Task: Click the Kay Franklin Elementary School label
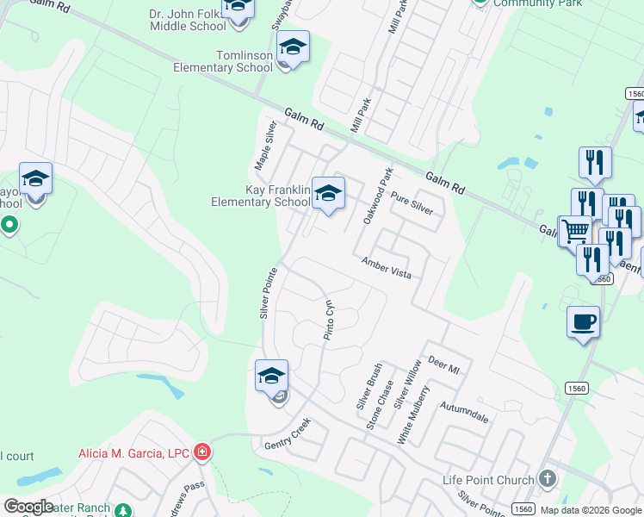click(x=260, y=196)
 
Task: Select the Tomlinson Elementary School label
click(x=223, y=61)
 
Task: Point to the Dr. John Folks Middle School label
click(x=188, y=20)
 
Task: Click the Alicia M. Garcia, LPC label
click(x=135, y=452)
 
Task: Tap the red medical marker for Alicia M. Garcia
click(x=201, y=452)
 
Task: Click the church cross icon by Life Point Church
click(x=547, y=478)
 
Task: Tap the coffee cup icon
click(x=583, y=321)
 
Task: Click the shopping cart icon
click(x=574, y=230)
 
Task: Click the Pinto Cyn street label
click(x=328, y=320)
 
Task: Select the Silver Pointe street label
click(x=266, y=293)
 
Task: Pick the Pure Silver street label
click(x=412, y=204)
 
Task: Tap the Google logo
click(x=29, y=507)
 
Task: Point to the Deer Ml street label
click(x=444, y=365)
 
